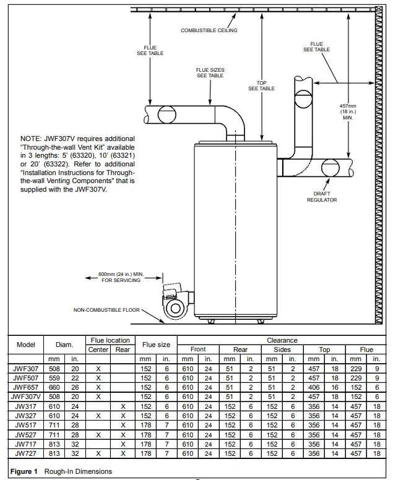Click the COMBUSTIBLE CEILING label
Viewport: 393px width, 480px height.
coord(209,30)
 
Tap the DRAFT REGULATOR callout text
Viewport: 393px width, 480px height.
coord(322,197)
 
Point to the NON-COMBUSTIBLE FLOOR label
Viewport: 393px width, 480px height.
coord(106,309)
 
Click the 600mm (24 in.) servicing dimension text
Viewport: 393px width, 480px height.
coord(121,276)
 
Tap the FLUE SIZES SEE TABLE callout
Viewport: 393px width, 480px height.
coord(210,73)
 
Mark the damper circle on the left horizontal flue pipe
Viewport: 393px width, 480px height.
coord(166,114)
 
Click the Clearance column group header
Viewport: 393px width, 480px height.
coord(282,340)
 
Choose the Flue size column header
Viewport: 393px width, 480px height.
coord(156,345)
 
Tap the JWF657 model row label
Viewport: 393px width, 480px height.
coord(26,387)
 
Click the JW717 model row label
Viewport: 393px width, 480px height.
coord(26,444)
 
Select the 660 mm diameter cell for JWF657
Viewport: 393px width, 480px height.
coord(55,387)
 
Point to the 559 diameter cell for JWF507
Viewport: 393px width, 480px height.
coord(55,377)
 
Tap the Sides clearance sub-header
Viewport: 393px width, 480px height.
coord(282,349)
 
